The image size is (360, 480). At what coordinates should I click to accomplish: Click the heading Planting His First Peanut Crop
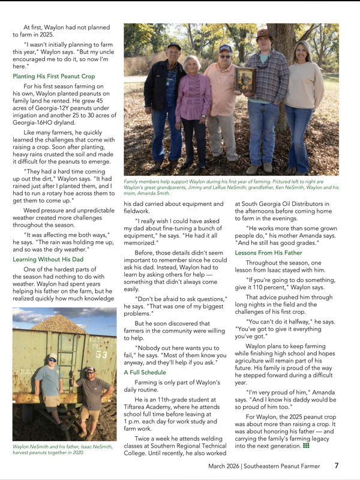[53, 77]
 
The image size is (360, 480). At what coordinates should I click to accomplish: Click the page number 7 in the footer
[337, 466]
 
